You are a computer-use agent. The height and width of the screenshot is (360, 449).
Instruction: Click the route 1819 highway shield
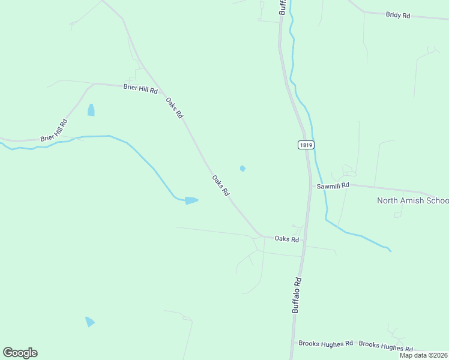pos(306,145)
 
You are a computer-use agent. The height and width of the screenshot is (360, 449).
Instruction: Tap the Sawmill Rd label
pos(333,186)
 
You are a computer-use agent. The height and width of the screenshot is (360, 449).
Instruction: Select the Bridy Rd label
pos(398,15)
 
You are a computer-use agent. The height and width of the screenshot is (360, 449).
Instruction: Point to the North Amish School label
pos(412,200)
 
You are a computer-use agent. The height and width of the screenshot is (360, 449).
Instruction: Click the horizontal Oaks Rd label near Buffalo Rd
pos(286,239)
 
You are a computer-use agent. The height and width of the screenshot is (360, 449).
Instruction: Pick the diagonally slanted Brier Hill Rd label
pos(54,130)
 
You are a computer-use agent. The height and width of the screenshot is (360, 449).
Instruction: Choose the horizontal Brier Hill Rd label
pos(140,88)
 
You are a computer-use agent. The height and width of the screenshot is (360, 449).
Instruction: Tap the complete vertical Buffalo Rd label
pos(297,295)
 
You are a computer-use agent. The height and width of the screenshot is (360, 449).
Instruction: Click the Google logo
pos(20,353)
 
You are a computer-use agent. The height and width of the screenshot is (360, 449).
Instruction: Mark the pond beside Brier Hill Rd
pos(91,110)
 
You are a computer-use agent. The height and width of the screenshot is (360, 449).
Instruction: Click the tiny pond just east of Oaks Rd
pos(243,169)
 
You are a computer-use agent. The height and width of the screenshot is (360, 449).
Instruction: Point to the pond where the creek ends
pos(191,200)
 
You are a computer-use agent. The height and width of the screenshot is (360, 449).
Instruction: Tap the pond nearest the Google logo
pos(89,322)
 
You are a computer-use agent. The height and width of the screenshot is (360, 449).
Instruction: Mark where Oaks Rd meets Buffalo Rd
pos(304,241)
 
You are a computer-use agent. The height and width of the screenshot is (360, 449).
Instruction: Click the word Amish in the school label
pos(413,200)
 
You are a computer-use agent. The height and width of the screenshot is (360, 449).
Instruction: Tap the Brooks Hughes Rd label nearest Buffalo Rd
pos(325,344)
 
